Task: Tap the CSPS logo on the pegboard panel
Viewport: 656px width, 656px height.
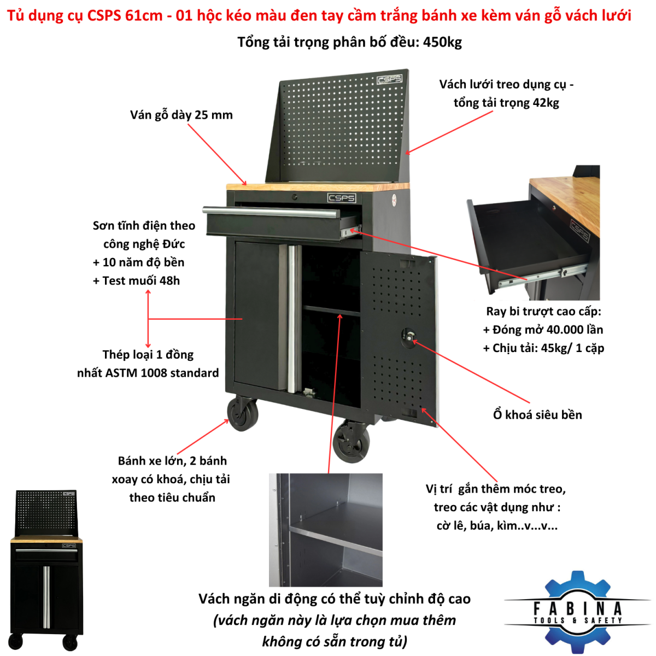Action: click(x=389, y=79)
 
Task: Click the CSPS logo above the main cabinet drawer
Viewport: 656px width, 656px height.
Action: click(x=342, y=197)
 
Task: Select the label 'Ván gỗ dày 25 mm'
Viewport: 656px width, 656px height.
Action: click(x=181, y=115)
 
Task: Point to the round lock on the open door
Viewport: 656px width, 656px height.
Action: click(x=409, y=337)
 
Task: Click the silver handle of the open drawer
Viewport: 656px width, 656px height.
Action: click(x=271, y=212)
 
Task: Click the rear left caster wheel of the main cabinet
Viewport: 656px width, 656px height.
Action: click(x=242, y=414)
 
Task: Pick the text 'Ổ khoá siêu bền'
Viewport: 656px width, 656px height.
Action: click(x=537, y=414)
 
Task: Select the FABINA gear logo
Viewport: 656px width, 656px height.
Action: click(x=578, y=612)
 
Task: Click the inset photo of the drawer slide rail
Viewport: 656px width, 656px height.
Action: click(x=533, y=233)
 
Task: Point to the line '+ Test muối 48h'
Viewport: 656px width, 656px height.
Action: click(x=136, y=280)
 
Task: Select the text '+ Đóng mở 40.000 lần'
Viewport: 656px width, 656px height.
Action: click(x=543, y=330)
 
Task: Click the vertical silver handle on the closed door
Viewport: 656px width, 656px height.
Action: click(x=291, y=319)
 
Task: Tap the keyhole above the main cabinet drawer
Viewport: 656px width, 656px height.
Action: click(x=295, y=197)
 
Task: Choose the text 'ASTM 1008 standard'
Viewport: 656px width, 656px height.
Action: click(x=162, y=373)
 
